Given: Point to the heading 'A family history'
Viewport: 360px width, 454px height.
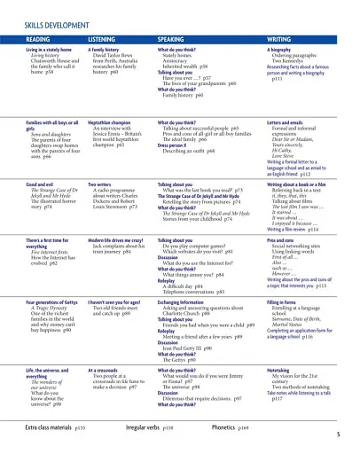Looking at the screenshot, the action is click(x=106, y=50).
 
